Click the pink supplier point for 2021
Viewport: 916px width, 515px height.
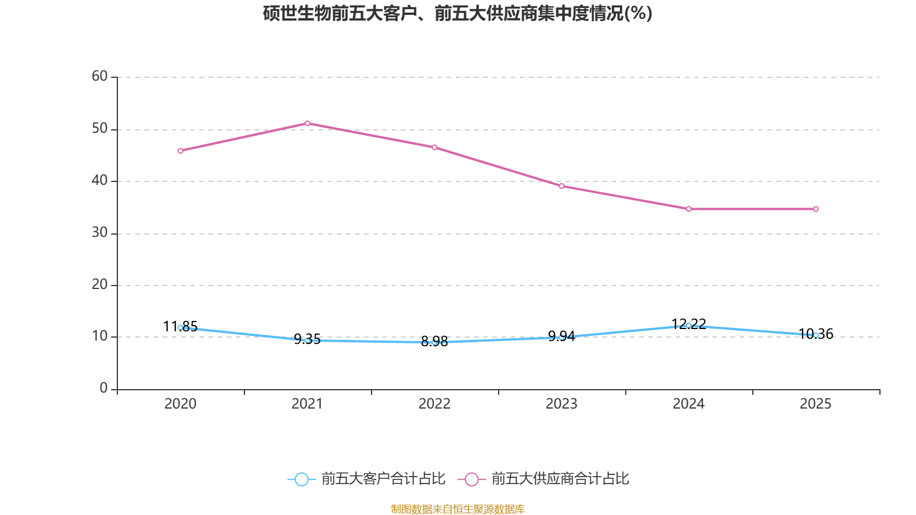pos(307,123)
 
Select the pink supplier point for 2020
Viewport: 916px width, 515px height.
pos(180,151)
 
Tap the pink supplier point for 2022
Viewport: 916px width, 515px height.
pos(435,148)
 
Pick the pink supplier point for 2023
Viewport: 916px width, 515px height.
pos(562,186)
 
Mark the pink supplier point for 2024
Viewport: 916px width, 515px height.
pos(689,209)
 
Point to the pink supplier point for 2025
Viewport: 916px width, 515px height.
pos(816,209)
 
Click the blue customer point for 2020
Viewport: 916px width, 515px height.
pos(180,327)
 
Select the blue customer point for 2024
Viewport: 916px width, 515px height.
pos(689,326)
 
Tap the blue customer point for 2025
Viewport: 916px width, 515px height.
pos(816,335)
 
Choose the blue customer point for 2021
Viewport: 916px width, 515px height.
pos(307,340)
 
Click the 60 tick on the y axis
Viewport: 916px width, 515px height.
pos(100,76)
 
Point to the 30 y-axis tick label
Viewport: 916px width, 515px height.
pos(100,232)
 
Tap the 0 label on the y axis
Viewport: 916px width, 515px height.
pos(104,389)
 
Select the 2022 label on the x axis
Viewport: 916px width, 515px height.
pos(435,404)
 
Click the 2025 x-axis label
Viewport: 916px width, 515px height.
pos(816,404)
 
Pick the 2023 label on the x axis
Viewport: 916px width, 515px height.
pos(562,404)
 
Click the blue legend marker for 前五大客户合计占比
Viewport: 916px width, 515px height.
pos(301,479)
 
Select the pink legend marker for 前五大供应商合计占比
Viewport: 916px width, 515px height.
pos(472,479)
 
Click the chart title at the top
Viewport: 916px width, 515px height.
pos(457,13)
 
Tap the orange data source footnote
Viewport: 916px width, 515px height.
pos(457,509)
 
